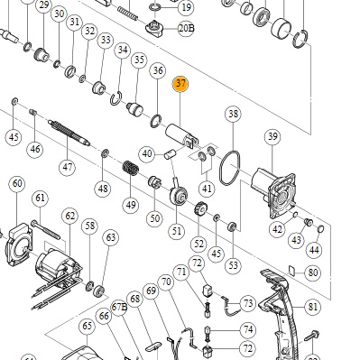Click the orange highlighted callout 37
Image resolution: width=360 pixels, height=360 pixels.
coord(180,84)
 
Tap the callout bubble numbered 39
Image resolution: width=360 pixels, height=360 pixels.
coord(272,137)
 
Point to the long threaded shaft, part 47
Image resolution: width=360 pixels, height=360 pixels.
coord(69,132)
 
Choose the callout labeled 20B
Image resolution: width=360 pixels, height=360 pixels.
coord(186,29)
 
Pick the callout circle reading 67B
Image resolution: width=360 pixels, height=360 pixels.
coord(119,307)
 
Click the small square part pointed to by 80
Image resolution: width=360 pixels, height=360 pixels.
coord(291,270)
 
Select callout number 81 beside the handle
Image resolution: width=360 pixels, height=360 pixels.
coord(313,307)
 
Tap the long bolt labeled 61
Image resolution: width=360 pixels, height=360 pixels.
coord(45,229)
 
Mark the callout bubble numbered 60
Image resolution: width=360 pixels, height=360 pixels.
coord(17,183)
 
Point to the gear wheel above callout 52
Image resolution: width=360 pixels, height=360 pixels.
coord(200,208)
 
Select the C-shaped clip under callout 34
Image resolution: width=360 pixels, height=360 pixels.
coord(116,98)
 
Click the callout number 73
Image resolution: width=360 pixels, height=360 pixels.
coord(248,304)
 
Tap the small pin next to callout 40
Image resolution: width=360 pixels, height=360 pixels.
coord(170,155)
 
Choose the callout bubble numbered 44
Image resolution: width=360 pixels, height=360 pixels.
coord(314,250)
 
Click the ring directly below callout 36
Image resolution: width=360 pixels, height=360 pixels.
coord(156,121)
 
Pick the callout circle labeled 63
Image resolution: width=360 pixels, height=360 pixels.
coord(111,237)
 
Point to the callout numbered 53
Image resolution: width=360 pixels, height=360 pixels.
coord(234,265)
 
